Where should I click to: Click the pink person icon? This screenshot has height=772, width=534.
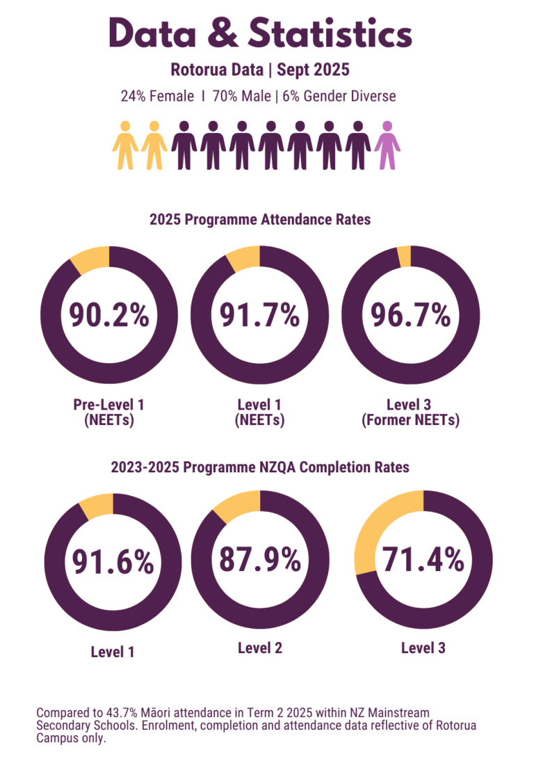coord(387,145)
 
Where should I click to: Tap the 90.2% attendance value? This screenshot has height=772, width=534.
coord(109,315)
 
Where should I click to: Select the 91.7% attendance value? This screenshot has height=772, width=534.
coord(259,315)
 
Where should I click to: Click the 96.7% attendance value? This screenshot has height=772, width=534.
coord(410,315)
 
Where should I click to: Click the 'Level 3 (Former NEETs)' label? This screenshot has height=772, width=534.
coord(410,412)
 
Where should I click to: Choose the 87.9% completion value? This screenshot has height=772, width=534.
coord(260,559)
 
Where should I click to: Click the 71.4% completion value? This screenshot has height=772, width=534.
coord(423,559)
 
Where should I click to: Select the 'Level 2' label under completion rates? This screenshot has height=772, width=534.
coord(259,648)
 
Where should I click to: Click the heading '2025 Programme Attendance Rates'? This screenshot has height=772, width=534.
coord(260,220)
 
